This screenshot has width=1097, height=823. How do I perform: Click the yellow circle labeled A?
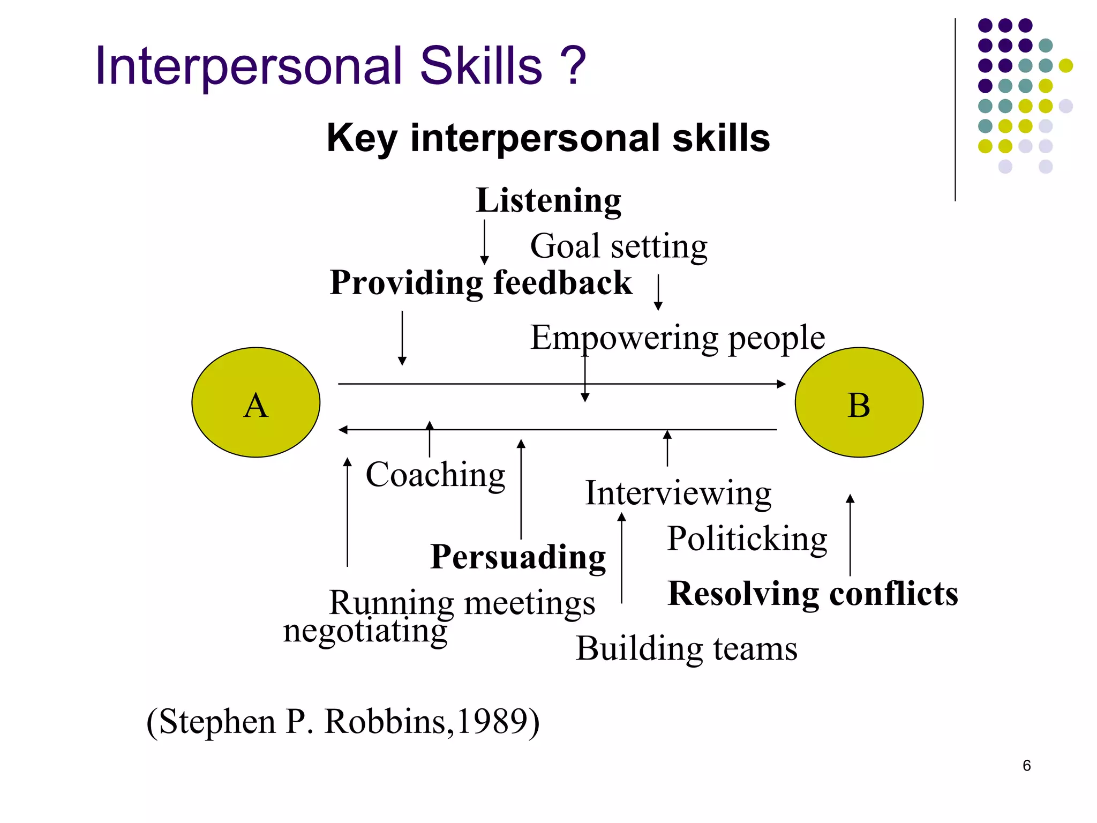(x=256, y=402)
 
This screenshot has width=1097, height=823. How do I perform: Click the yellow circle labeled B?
(x=859, y=402)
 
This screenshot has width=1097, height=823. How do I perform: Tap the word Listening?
(x=548, y=201)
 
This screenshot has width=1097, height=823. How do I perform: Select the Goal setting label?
(x=619, y=246)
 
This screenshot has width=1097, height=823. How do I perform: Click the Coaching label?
(x=435, y=475)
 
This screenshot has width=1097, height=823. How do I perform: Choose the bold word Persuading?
(x=518, y=557)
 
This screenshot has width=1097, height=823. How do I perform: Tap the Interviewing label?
(x=678, y=493)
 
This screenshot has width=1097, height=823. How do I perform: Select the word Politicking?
(x=747, y=539)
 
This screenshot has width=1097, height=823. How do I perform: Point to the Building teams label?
(x=686, y=649)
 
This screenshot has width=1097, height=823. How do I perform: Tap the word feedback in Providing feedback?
(x=562, y=283)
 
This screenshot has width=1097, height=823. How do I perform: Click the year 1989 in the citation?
(x=491, y=721)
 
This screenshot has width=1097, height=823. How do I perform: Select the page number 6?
(x=1026, y=766)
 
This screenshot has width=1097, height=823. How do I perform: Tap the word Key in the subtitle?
(x=362, y=138)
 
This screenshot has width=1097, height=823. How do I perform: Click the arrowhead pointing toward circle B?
(x=782, y=384)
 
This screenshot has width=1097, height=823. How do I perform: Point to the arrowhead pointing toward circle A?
(x=343, y=430)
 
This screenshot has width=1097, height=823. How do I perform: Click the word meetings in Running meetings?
(x=529, y=603)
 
